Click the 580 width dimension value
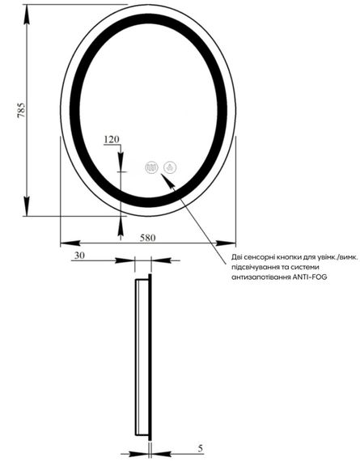tap(147, 237)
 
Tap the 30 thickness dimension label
tap(79, 256)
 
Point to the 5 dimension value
tap(200, 447)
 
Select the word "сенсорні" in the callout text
tap(260, 256)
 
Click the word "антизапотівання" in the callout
tap(260, 277)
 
